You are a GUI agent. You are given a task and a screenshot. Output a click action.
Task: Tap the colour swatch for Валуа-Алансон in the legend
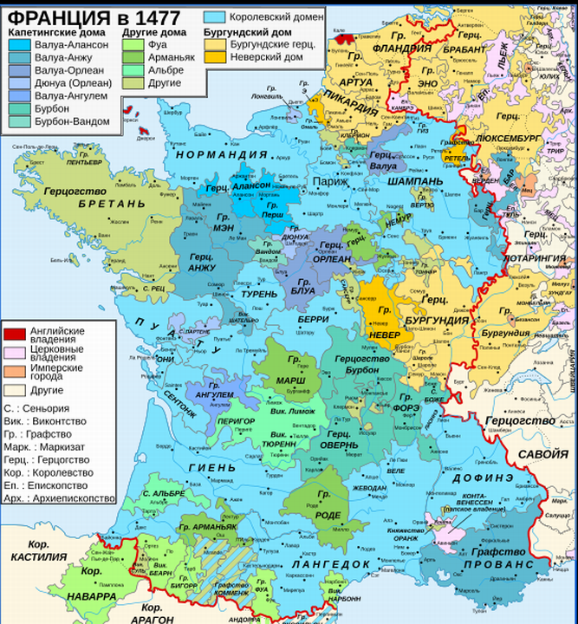[22, 45]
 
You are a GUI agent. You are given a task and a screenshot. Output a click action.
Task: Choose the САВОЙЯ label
[545, 453]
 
